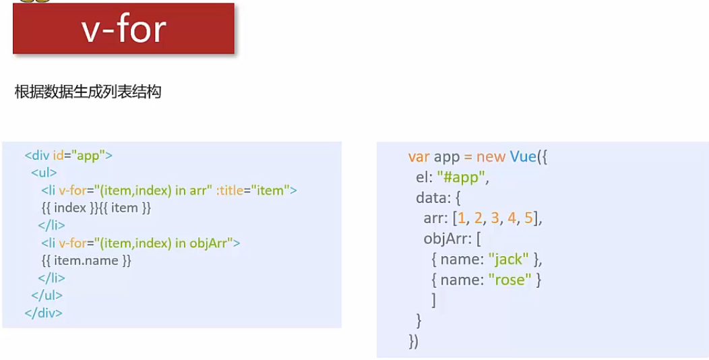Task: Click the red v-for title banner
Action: (x=123, y=29)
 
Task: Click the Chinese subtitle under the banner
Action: (x=88, y=92)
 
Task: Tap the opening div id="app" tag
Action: (x=68, y=156)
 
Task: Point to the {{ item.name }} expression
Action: (x=86, y=260)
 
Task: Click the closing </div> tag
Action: (x=43, y=313)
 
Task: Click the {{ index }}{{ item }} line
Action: (x=96, y=208)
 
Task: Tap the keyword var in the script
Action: (x=419, y=157)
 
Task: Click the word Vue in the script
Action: (x=522, y=157)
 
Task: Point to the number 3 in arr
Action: (x=497, y=218)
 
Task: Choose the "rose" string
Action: (x=510, y=279)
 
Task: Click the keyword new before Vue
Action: (x=491, y=157)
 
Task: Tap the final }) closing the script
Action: (x=413, y=341)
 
